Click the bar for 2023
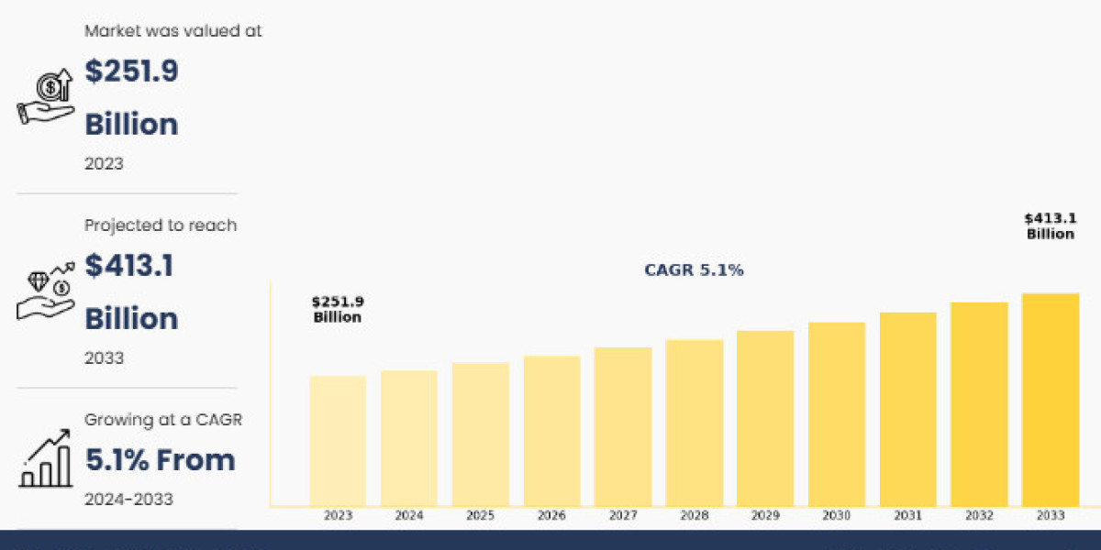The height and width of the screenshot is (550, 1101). tap(338, 441)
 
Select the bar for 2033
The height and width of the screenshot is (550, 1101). tap(1051, 400)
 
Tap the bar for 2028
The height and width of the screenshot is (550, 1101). tap(694, 423)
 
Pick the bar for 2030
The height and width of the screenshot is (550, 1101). tap(837, 413)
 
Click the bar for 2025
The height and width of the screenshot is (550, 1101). tap(480, 434)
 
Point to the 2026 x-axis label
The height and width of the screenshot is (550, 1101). tap(551, 515)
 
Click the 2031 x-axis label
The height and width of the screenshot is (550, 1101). tap(907, 515)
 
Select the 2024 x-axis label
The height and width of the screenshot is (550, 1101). tap(409, 515)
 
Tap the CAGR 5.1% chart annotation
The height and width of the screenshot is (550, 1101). tap(694, 270)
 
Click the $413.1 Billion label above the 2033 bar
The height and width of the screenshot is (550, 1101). tap(1051, 225)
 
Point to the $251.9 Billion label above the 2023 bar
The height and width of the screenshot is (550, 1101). tap(338, 310)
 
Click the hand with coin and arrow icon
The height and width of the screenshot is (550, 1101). tap(45, 96)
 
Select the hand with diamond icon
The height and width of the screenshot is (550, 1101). tap(45, 291)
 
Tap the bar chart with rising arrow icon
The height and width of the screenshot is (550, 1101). tap(46, 458)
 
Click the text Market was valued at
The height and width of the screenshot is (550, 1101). tap(173, 31)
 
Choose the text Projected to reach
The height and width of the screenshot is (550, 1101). tap(161, 225)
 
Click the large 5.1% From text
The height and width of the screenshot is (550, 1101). tap(161, 459)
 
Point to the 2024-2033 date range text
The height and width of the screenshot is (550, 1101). tap(128, 500)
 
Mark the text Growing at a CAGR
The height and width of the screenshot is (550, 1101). tap(163, 420)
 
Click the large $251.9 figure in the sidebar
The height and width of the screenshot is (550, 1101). tap(131, 71)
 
